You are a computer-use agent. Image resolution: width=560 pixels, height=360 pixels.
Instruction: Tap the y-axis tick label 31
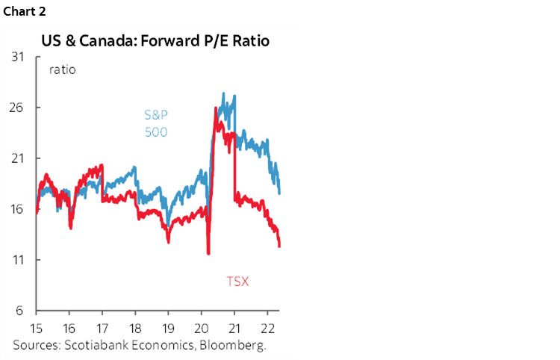tap(18, 57)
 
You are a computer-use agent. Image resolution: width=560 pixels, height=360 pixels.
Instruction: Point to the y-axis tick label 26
tap(18, 108)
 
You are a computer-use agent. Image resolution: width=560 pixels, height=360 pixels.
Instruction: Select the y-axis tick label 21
tap(18, 158)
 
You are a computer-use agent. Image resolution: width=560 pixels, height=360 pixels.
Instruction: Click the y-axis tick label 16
tap(18, 209)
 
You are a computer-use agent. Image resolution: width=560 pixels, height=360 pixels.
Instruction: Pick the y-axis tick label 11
tap(18, 260)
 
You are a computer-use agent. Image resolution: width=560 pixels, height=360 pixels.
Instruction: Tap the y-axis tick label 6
tap(20, 311)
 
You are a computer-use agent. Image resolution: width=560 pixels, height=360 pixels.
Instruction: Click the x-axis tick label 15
tap(35, 329)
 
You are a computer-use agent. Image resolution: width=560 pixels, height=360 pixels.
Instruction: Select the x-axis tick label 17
tap(102, 329)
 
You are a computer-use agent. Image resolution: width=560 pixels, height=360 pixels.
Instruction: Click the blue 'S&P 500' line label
tap(156, 124)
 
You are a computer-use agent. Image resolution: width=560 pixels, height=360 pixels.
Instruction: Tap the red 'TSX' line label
tap(237, 282)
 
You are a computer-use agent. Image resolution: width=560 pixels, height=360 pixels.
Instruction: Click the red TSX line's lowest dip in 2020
tap(208, 254)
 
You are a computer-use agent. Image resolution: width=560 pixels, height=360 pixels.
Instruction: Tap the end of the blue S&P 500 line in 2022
tap(279, 193)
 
